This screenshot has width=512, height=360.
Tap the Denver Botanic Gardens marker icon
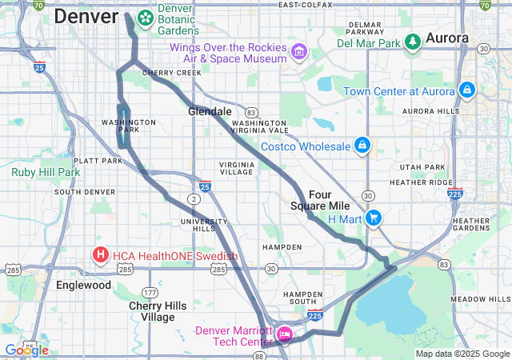[x=146, y=17]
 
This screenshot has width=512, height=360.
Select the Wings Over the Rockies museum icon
[x=299, y=52]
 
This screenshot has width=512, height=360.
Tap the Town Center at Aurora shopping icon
[x=466, y=90]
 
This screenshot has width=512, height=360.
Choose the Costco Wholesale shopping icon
[x=362, y=146]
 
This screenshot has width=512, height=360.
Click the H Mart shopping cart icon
[x=373, y=218]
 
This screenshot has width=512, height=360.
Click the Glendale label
[x=210, y=112]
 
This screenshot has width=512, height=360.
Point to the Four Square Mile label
[x=329, y=200]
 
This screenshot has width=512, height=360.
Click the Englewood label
[x=83, y=285]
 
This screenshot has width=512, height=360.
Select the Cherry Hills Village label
[x=152, y=311]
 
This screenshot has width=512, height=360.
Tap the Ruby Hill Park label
[x=46, y=171]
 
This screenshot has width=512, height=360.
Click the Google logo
[x=26, y=350]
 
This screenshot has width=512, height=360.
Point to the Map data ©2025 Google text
[x=462, y=354]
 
